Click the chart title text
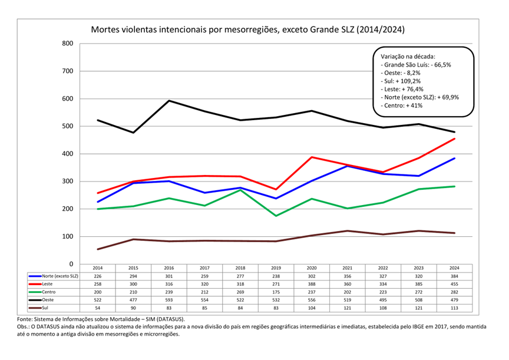(x=247, y=29)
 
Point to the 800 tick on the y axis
(x=66, y=44)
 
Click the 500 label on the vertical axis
(x=66, y=126)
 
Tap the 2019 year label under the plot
(x=276, y=268)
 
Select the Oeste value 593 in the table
(x=168, y=299)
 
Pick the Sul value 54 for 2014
(x=98, y=308)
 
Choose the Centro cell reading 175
(x=276, y=292)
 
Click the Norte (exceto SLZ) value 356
(x=348, y=276)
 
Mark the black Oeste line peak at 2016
(x=169, y=101)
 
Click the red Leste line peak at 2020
(x=312, y=157)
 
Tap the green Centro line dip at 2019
(x=276, y=216)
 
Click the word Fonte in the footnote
(x=26, y=319)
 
